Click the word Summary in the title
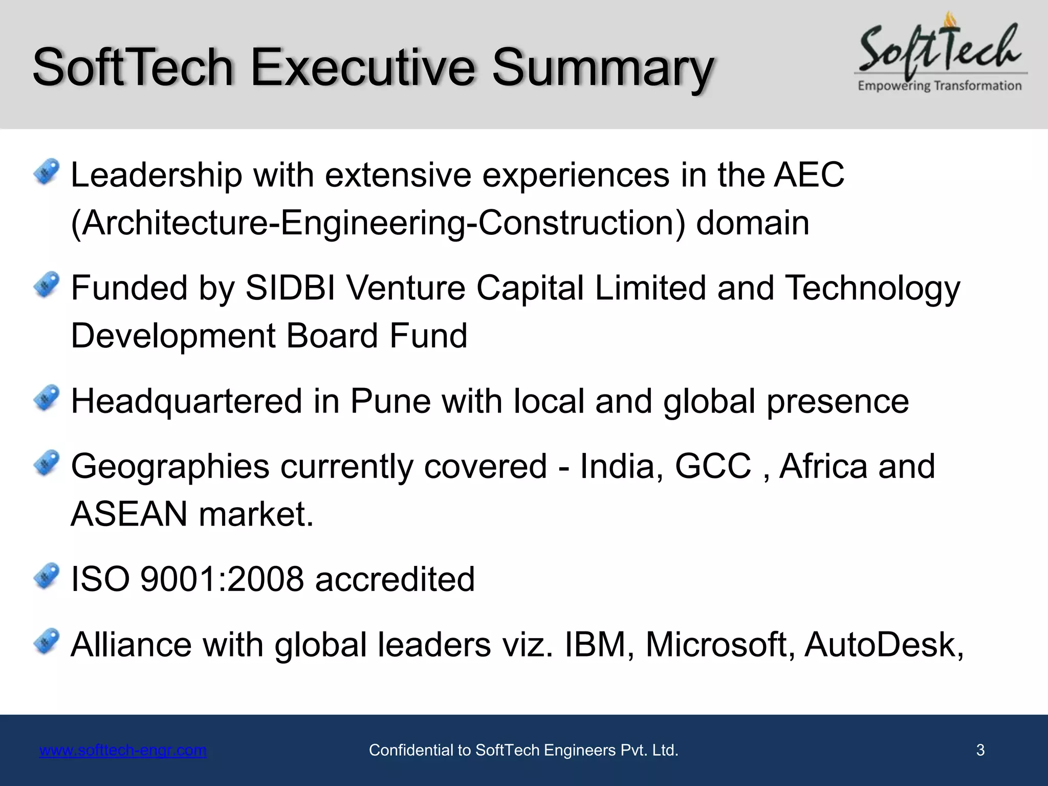[x=602, y=68]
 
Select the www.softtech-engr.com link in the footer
[x=123, y=750]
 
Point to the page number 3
[x=980, y=750]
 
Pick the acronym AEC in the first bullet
[x=809, y=175]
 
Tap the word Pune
[x=390, y=401]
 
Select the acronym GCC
[x=713, y=466]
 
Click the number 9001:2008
[x=222, y=579]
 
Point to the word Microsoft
[x=719, y=644]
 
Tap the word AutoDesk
[x=884, y=644]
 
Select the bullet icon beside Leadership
[x=47, y=172]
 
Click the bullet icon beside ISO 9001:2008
[x=47, y=576]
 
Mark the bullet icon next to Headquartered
[x=47, y=398]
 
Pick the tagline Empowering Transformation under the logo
[x=940, y=86]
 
